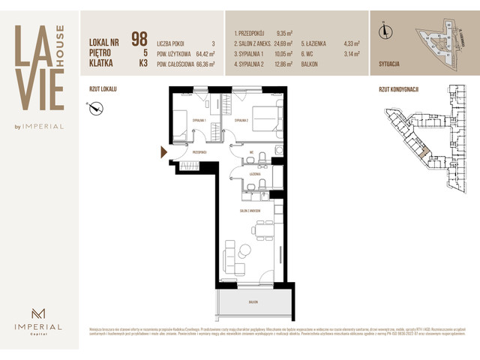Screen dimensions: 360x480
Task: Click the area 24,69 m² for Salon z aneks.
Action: [287, 44]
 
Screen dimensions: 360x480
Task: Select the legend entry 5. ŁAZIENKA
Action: [322, 44]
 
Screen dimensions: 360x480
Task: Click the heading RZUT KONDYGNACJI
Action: [398, 88]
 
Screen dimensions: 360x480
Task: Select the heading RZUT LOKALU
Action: [103, 88]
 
